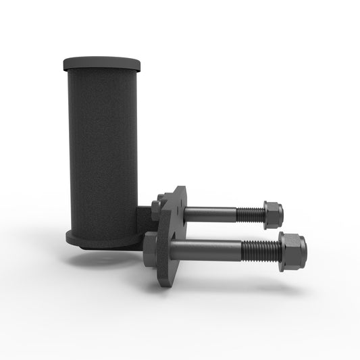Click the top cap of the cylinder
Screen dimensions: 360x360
pos(102,64)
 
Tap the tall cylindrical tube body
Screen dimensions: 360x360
pos(102,149)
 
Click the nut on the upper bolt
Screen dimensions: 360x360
pos(272,213)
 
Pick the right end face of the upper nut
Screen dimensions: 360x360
pos(280,214)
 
